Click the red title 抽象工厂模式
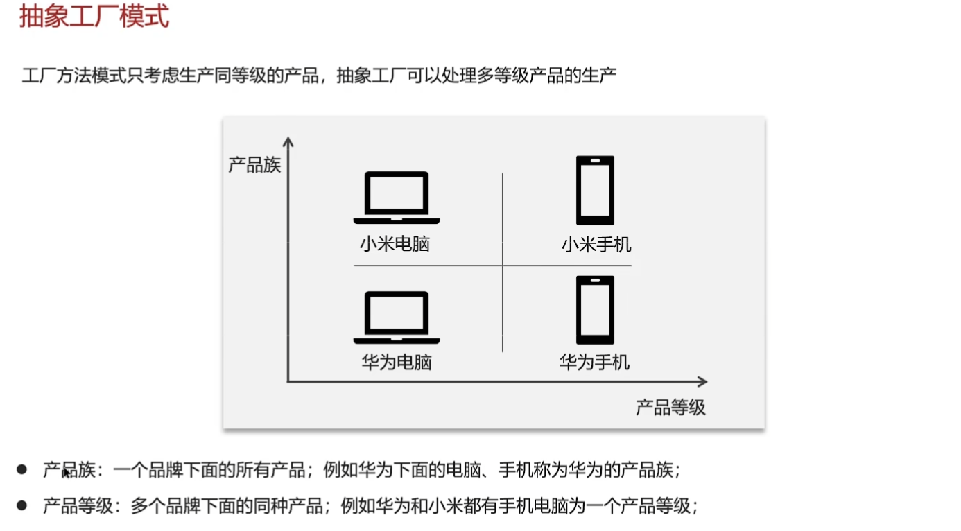pos(94,16)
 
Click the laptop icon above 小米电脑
pos(397,198)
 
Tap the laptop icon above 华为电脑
pos(397,317)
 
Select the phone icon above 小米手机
pos(595,190)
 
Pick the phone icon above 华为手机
pos(595,309)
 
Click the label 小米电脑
pos(395,244)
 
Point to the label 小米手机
pos(596,244)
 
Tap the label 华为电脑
pos(397,362)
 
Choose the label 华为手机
pos(595,362)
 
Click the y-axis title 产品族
pos(254,165)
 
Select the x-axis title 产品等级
pos(670,407)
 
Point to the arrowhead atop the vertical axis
pos(288,141)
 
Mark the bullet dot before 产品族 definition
pos(22,470)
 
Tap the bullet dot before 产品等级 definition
pos(22,506)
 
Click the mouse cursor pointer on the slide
pos(66,473)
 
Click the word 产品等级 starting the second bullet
pos(78,506)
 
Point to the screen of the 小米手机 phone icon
pos(595,190)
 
